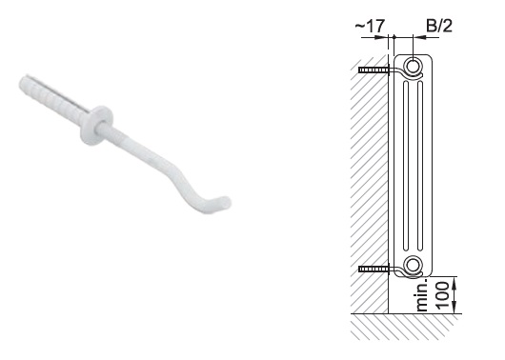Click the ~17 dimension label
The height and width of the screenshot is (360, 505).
click(x=370, y=26)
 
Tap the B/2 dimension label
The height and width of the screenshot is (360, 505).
click(x=439, y=26)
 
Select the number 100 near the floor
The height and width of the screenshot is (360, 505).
click(x=442, y=295)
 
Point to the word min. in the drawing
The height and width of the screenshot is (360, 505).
click(x=422, y=295)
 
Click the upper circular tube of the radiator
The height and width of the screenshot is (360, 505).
click(x=413, y=67)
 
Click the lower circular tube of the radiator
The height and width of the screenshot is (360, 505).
click(x=413, y=265)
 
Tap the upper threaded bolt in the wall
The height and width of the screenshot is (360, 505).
click(x=374, y=70)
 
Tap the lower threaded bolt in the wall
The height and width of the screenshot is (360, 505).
click(x=374, y=269)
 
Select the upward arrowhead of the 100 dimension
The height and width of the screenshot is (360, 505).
click(x=454, y=282)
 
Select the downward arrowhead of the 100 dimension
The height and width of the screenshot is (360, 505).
click(x=454, y=308)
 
